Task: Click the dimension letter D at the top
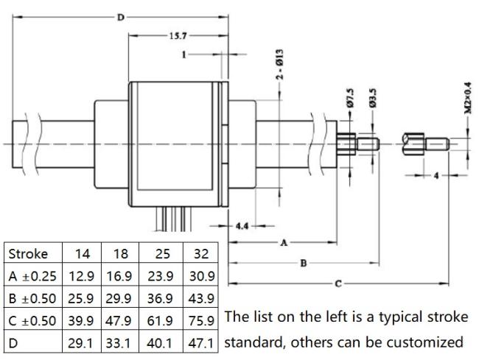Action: [121, 16]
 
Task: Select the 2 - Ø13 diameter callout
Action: [280, 71]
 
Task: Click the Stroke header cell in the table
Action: [28, 255]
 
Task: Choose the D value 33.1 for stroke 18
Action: [121, 343]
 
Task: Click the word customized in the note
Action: [427, 343]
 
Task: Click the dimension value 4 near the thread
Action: [436, 177]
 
